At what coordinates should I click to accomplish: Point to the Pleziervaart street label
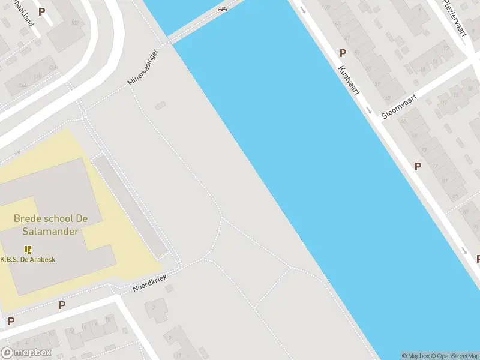(454, 18)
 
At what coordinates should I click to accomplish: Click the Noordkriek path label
(148, 281)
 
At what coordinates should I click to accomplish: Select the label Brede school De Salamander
(50, 224)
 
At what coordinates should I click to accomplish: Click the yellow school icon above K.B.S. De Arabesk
(28, 249)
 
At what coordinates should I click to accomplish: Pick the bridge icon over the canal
(223, 9)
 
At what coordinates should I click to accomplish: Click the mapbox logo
(25, 352)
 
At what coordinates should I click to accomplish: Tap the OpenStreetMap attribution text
(455, 356)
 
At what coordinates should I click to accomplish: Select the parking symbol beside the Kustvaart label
(343, 53)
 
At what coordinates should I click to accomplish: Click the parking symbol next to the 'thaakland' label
(41, 11)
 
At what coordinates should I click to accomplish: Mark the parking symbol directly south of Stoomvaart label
(418, 166)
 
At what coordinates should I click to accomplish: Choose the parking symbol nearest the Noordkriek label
(62, 305)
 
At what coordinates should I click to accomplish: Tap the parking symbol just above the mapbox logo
(11, 321)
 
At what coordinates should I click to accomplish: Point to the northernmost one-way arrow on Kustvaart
(302, 9)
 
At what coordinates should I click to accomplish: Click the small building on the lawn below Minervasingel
(159, 106)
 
